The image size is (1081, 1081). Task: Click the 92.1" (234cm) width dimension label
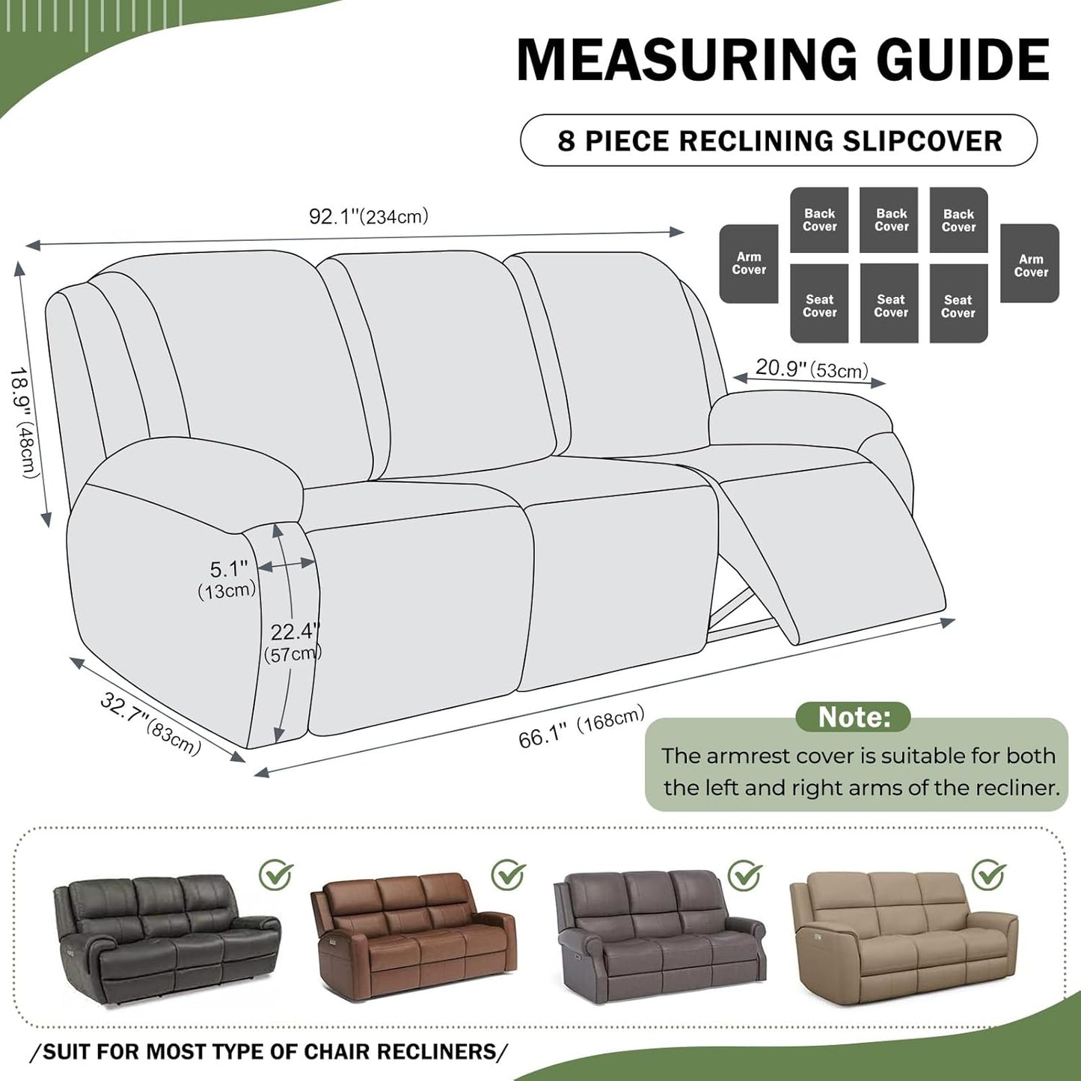pyautogui.click(x=368, y=217)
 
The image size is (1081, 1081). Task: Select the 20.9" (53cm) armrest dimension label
pyautogui.click(x=811, y=369)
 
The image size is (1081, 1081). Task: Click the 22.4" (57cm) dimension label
pyautogui.click(x=294, y=642)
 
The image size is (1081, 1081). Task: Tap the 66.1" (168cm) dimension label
pyautogui.click(x=581, y=726)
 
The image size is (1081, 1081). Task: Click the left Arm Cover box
pyautogui.click(x=749, y=263)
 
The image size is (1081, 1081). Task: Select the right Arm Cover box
pyautogui.click(x=1030, y=263)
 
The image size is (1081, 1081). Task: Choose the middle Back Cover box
pyautogui.click(x=890, y=220)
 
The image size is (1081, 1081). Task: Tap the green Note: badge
pyautogui.click(x=853, y=717)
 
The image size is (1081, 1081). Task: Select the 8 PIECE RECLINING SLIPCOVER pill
pyautogui.click(x=779, y=141)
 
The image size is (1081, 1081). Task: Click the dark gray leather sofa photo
pyautogui.click(x=166, y=941)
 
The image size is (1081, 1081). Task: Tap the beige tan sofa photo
pyautogui.click(x=904, y=937)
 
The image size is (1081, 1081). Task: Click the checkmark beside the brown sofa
pyautogui.click(x=508, y=874)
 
